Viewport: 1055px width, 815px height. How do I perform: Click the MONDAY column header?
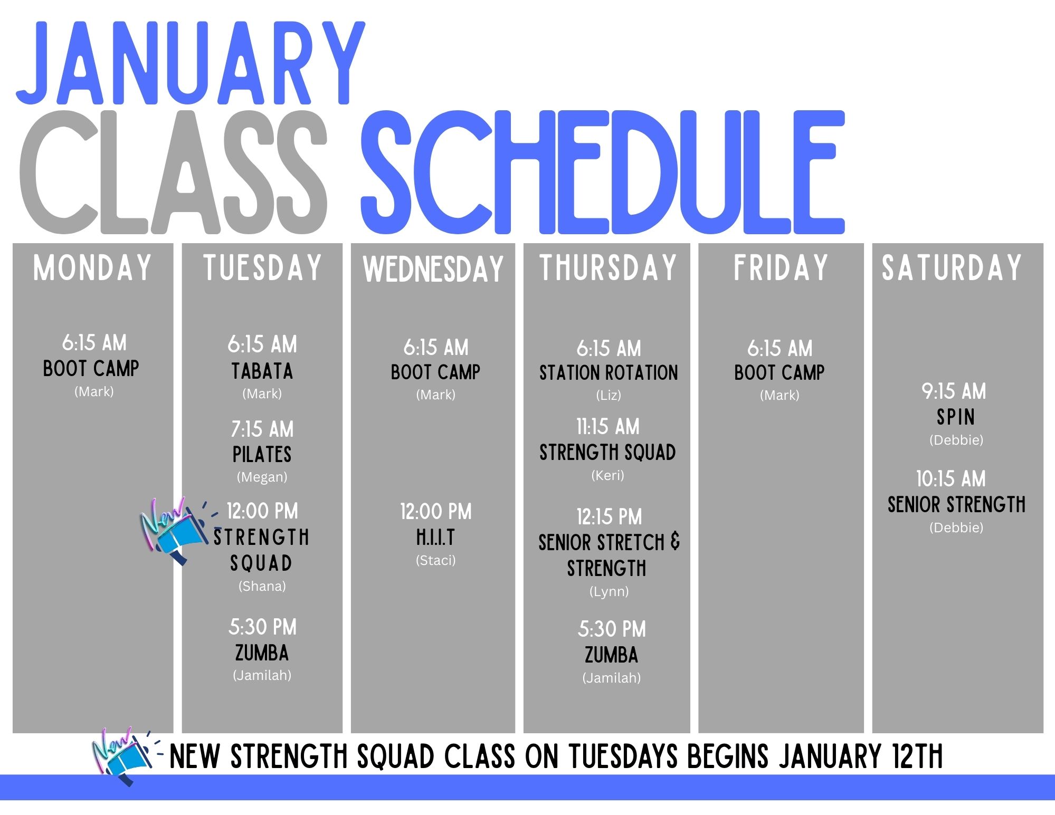pos(92,267)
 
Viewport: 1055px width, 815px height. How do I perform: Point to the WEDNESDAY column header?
pos(433,269)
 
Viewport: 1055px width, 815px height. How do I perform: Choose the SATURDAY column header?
pos(952,267)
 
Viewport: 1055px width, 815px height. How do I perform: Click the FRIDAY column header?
pos(781,267)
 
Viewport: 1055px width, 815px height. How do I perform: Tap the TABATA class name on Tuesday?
pos(262,371)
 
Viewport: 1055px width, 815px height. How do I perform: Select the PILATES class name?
pos(262,454)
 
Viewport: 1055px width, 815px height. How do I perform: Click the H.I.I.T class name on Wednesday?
pos(435,538)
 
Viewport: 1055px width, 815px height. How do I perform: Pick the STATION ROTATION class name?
pos(609,373)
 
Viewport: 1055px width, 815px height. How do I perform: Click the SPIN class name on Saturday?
pos(956,417)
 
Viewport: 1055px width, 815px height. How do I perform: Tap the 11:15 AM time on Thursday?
pos(608,427)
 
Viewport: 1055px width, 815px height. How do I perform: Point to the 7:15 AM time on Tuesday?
pos(262,429)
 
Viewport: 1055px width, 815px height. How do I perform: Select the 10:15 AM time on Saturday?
pos(951,479)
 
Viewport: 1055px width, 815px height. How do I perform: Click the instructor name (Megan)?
pos(262,477)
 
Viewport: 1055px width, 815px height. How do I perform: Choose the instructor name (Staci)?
pos(435,560)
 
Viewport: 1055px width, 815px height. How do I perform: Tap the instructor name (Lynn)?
pos(609,591)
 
